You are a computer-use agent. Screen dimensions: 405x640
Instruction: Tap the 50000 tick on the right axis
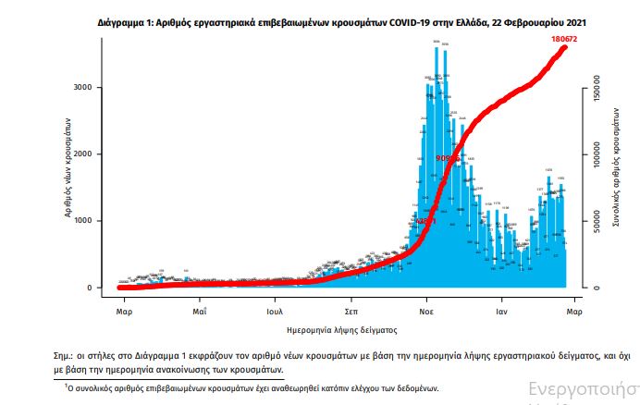click(x=597, y=223)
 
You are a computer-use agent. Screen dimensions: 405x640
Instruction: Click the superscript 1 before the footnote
click(x=67, y=386)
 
